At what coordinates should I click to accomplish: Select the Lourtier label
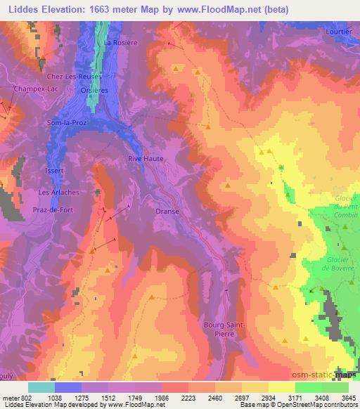(x=337, y=32)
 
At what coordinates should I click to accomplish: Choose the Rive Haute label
(x=146, y=159)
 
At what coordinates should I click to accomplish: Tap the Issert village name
(x=53, y=171)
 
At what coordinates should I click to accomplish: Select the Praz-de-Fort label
(x=58, y=209)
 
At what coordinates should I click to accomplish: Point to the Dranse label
(x=167, y=211)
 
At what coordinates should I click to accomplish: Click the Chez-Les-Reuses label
(x=74, y=76)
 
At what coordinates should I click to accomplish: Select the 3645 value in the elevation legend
(x=347, y=398)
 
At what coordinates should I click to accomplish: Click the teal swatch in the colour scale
(x=41, y=387)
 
